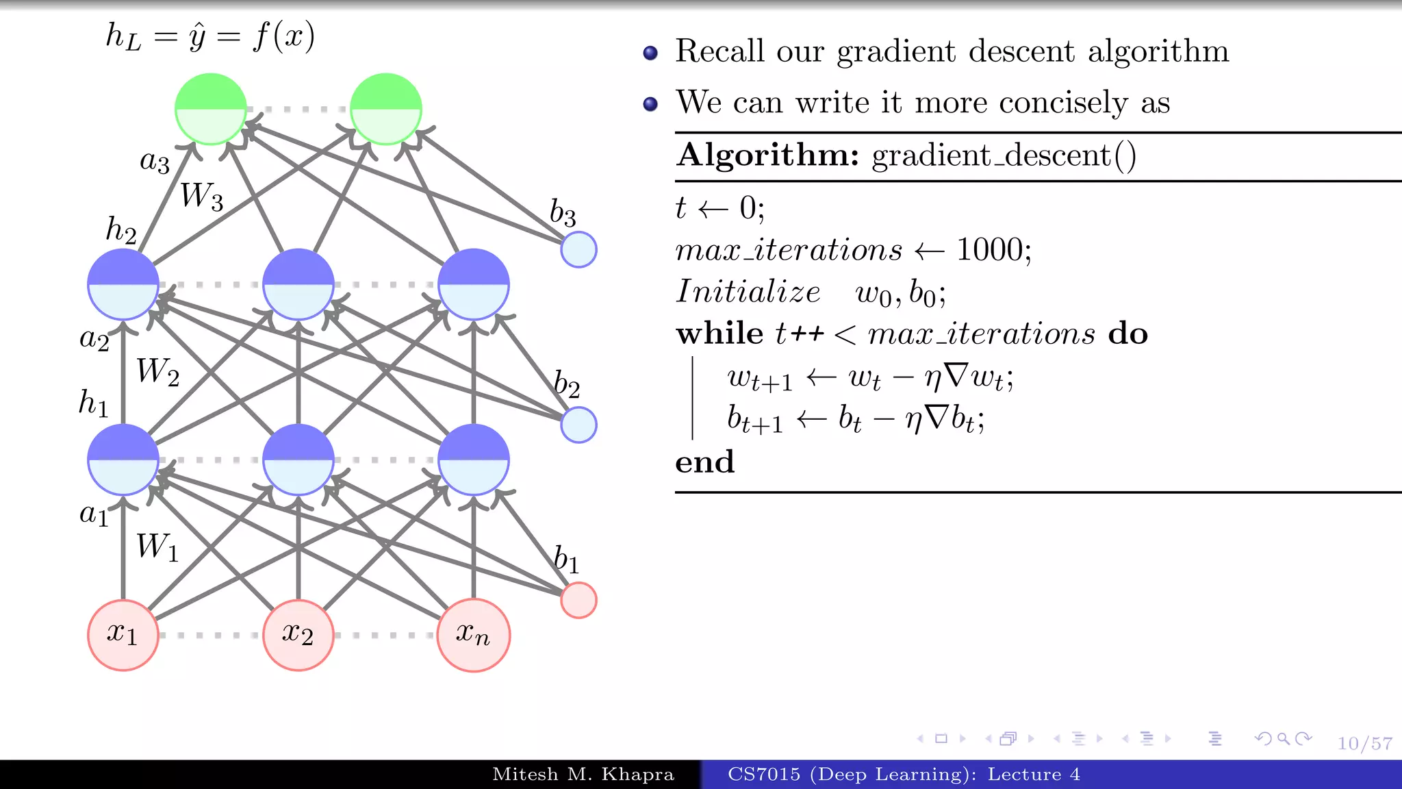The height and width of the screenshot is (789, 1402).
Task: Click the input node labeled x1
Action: pyautogui.click(x=123, y=635)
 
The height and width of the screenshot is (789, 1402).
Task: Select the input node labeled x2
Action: pyautogui.click(x=298, y=635)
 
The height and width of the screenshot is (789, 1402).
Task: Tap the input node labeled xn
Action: pyautogui.click(x=474, y=635)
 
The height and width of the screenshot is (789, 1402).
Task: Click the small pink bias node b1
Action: pyautogui.click(x=578, y=600)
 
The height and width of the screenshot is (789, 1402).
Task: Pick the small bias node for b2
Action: pyautogui.click(x=578, y=425)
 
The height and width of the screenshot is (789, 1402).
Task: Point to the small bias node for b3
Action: pyautogui.click(x=578, y=249)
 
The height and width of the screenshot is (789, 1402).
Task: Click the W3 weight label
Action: pyautogui.click(x=201, y=197)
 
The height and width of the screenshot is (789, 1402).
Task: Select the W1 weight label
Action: pyautogui.click(x=157, y=547)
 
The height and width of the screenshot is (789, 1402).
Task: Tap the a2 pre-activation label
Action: pyautogui.click(x=94, y=339)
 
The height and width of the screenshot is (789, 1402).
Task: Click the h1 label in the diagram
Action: pyautogui.click(x=94, y=403)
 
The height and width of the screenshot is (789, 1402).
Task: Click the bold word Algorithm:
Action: pyautogui.click(x=767, y=155)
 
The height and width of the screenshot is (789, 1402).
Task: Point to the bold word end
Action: pyautogui.click(x=704, y=462)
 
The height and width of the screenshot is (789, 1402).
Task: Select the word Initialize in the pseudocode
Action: pyautogui.click(x=748, y=292)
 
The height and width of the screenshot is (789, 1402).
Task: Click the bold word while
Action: pyautogui.click(x=719, y=334)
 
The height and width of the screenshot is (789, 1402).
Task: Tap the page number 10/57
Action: pyautogui.click(x=1364, y=744)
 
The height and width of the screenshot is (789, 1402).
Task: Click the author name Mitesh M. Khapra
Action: pyautogui.click(x=583, y=775)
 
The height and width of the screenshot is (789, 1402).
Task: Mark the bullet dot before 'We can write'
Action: pyautogui.click(x=650, y=104)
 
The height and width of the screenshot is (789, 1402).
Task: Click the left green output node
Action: pyautogui.click(x=211, y=109)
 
